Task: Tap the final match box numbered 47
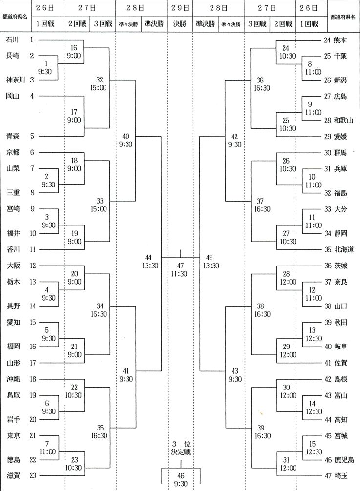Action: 180,268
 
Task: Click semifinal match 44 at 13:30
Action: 149,261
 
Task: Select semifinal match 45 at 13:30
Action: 212,261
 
